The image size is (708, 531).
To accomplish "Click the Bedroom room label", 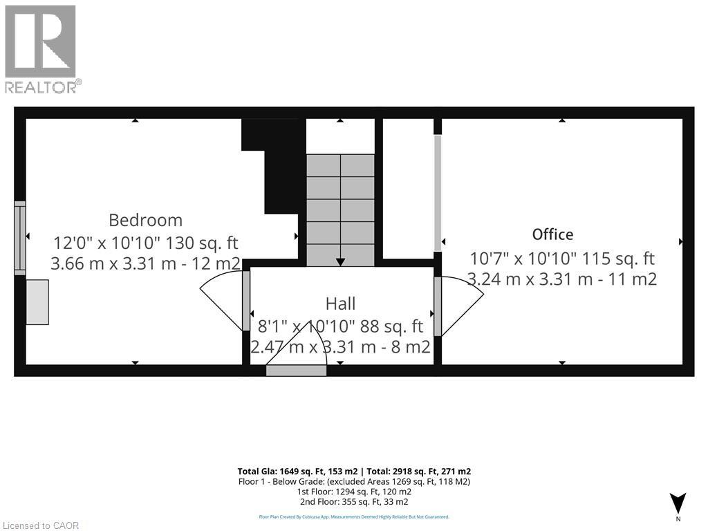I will coord(146,220).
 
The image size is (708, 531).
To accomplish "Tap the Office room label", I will coord(552,234).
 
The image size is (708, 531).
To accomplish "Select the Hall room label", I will coord(340,303).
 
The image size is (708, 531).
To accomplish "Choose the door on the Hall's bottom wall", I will coord(296,370).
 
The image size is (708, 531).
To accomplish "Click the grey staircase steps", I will coord(340,207).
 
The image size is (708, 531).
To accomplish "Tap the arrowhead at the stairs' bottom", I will coord(340,262).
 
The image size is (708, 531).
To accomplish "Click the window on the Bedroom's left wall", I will coord(20,238).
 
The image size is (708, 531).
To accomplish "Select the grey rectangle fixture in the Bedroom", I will coord(37,301).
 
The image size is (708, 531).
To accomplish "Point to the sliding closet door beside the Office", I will coord(438,193).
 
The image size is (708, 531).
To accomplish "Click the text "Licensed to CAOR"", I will coord(41,525).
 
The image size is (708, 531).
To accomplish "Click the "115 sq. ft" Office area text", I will coord(619,259).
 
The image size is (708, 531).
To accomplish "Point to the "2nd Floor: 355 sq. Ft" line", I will coord(354,502).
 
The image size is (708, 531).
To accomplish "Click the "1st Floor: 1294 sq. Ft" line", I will coord(354,492).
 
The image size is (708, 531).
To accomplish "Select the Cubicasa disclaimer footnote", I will coord(354,516).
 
